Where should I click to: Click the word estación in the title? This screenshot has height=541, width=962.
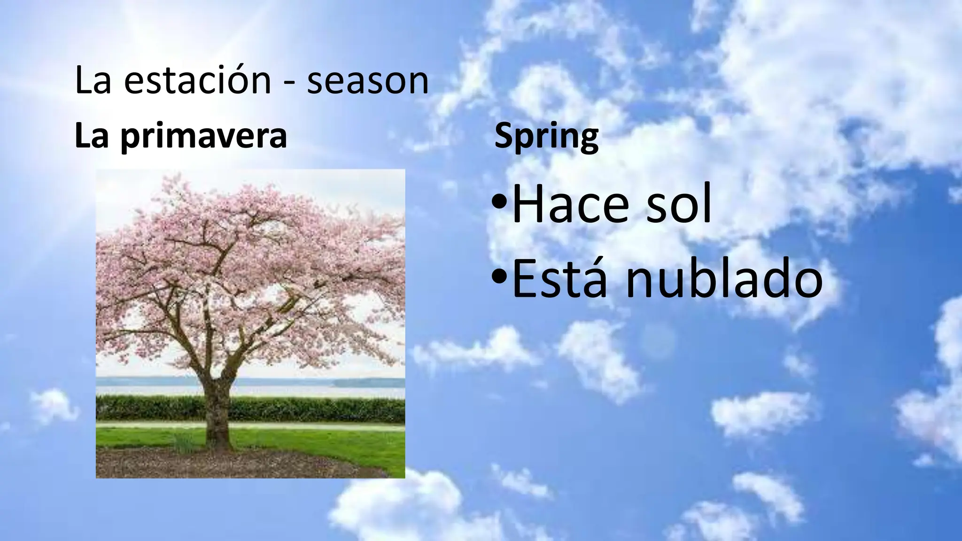[197, 81]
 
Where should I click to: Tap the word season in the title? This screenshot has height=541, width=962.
[367, 81]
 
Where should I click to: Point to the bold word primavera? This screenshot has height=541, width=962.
[203, 137]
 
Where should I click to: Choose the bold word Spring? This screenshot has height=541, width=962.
[546, 137]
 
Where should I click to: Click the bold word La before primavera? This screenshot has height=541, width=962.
[92, 137]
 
